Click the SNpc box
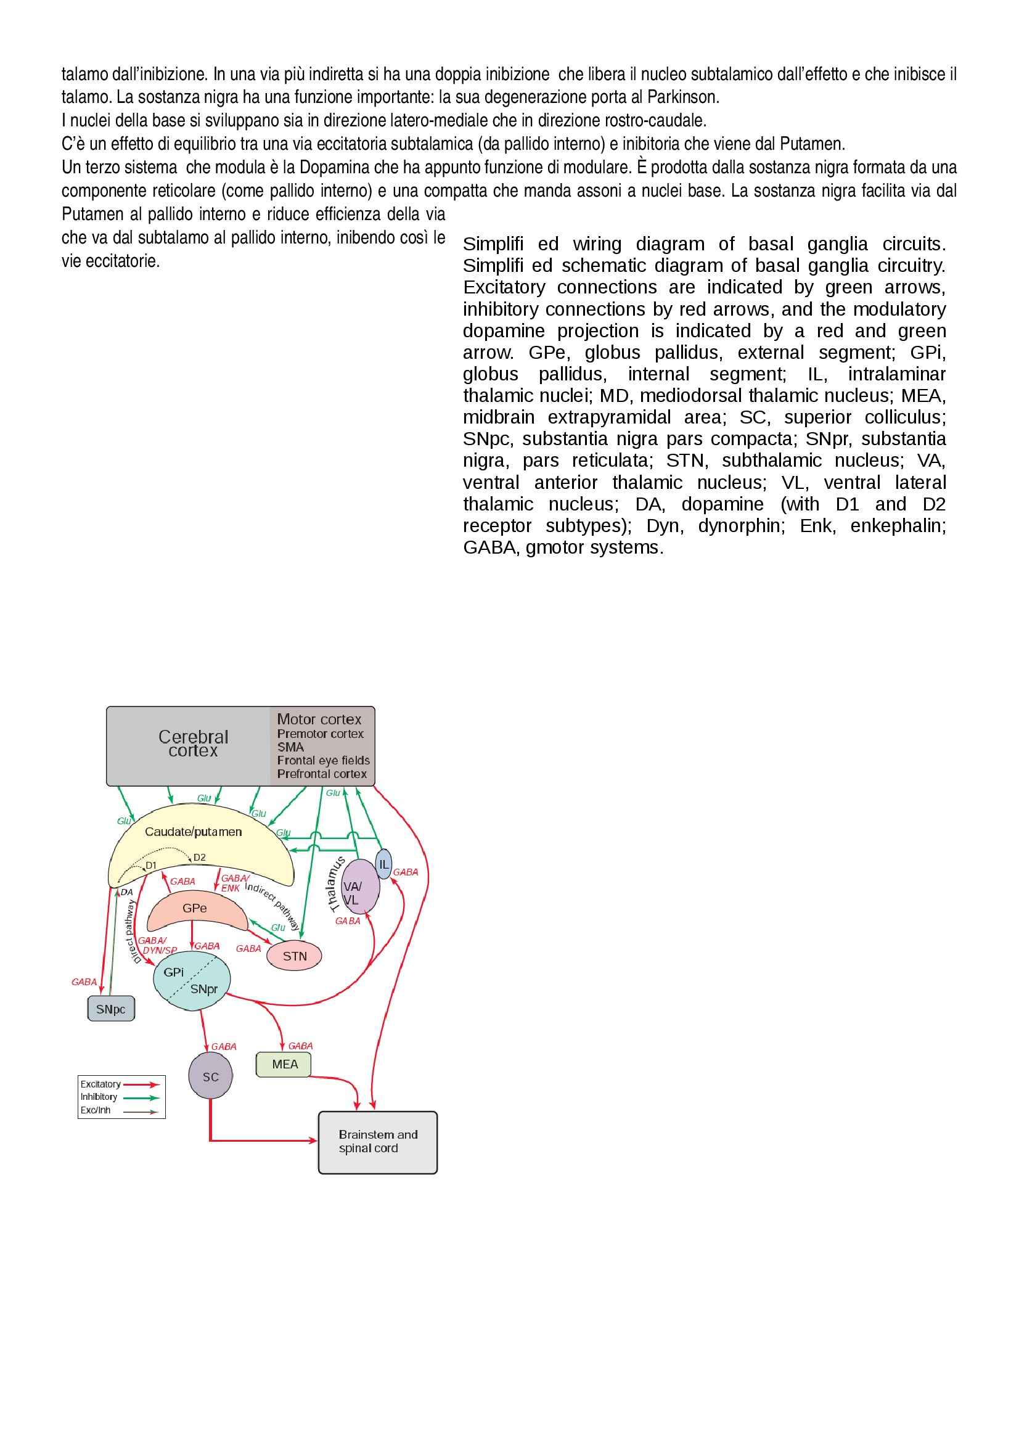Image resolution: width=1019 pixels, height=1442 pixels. [x=110, y=1009]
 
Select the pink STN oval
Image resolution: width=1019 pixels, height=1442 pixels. [x=295, y=956]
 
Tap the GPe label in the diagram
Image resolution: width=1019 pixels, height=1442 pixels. [x=195, y=908]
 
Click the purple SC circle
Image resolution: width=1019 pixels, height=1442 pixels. [x=210, y=1076]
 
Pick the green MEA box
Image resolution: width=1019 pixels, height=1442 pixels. [x=284, y=1064]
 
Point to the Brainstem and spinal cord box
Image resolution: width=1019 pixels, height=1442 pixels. [x=377, y=1142]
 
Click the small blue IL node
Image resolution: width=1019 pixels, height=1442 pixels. [x=383, y=864]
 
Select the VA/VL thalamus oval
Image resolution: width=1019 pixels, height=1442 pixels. [x=359, y=887]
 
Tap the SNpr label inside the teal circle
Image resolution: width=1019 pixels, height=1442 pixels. [x=203, y=988]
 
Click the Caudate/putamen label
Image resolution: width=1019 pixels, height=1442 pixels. [x=194, y=832]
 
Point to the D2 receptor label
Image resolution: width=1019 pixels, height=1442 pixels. [x=199, y=858]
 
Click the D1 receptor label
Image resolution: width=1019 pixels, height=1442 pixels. [x=150, y=866]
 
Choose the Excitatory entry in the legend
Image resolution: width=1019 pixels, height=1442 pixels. [x=100, y=1084]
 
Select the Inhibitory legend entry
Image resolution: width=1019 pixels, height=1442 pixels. [x=99, y=1097]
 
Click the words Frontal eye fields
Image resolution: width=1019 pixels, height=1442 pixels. [x=324, y=760]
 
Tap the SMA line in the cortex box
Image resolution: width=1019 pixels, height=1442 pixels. [x=291, y=747]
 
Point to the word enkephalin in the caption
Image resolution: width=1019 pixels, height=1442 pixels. [x=898, y=526]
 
